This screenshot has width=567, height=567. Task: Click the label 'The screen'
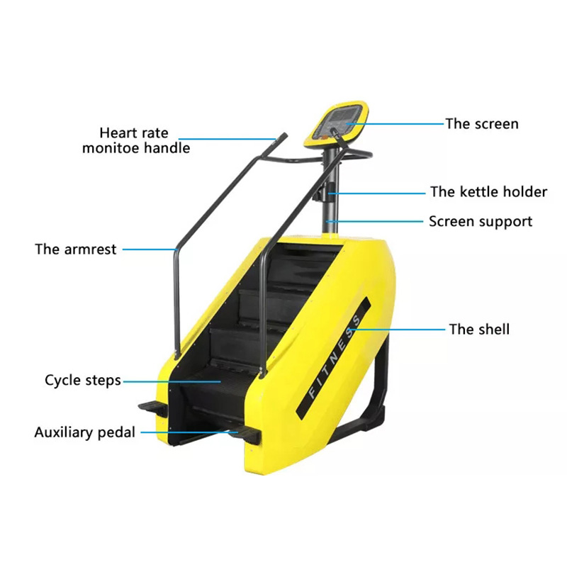482,124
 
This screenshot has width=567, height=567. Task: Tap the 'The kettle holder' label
488,191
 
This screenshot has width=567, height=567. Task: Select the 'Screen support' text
481,222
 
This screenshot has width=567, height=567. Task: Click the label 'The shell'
479,330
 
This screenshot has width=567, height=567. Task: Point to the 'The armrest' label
76,249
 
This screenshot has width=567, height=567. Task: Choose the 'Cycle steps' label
83,381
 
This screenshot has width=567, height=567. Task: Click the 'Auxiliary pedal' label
84,432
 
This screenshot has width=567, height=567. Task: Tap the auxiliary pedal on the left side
152,408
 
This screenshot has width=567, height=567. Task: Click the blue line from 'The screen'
395,123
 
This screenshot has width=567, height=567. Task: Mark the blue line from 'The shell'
397,330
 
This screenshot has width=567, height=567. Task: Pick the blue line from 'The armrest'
150,249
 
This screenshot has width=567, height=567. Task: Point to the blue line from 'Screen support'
374,221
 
